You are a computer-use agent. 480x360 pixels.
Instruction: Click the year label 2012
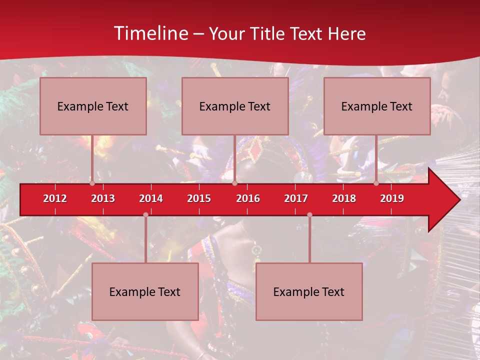[55, 198]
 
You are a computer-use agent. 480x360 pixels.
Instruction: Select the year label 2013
[103, 198]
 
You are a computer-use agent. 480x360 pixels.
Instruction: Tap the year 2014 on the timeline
[151, 198]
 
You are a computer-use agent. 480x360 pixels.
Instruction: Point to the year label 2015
[199, 198]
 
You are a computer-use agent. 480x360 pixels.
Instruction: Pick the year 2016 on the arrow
[248, 198]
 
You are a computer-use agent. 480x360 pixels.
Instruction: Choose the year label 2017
[296, 198]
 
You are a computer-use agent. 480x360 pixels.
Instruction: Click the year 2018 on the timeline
[344, 198]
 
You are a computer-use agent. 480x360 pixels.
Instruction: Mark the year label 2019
[392, 198]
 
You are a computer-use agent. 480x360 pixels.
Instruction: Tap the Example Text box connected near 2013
[93, 106]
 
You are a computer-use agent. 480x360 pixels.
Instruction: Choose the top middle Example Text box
[235, 106]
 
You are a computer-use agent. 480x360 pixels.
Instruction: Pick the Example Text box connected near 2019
[377, 106]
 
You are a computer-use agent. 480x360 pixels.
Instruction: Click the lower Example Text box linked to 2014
[145, 291]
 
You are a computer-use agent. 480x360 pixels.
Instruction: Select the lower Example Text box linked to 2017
[309, 291]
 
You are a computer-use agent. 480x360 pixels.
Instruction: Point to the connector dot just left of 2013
[92, 183]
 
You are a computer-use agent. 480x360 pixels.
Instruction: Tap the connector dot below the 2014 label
[145, 214]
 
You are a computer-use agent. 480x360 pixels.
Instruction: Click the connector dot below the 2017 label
[309, 214]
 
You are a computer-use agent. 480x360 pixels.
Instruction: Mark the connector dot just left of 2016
[234, 183]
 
